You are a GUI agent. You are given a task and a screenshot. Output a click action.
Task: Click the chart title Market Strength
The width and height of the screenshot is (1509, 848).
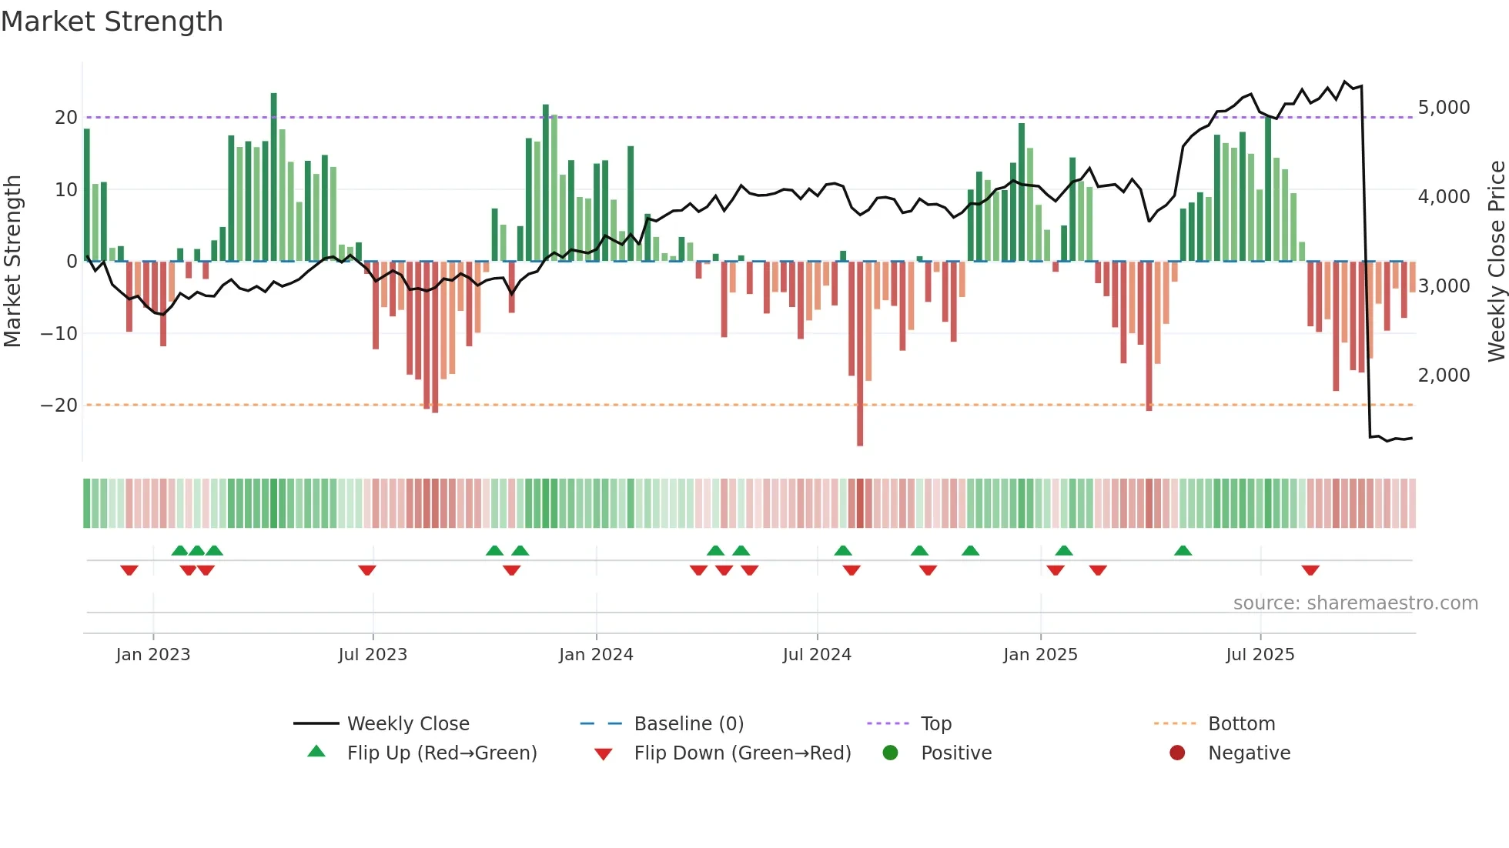[112, 22]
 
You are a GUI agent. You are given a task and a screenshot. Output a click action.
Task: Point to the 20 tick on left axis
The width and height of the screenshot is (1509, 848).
[66, 118]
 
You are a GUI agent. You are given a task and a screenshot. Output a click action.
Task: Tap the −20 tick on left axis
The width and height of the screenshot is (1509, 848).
[59, 406]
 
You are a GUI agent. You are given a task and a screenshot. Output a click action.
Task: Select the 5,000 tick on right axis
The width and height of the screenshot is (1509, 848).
[1444, 108]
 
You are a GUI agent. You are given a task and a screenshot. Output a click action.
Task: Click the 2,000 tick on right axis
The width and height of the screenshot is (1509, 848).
[1444, 376]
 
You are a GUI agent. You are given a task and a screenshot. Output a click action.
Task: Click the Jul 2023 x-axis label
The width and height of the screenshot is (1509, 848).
[373, 655]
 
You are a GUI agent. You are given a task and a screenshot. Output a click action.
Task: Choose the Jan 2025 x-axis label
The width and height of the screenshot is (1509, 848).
[1040, 655]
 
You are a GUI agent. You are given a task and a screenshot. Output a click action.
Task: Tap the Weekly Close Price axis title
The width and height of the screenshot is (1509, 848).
[1496, 262]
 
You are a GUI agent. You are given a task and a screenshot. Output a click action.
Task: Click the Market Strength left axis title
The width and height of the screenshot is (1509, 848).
[12, 262]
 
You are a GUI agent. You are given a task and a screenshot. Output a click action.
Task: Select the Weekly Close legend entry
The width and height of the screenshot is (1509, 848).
[407, 724]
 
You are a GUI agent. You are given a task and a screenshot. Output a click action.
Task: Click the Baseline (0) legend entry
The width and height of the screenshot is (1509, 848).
[688, 724]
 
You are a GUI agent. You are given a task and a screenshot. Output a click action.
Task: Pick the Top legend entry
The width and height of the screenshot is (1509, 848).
[935, 724]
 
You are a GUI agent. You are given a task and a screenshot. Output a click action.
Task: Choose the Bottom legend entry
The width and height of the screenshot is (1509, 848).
[1241, 724]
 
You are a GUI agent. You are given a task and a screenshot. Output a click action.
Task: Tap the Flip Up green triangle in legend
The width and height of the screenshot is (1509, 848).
[316, 752]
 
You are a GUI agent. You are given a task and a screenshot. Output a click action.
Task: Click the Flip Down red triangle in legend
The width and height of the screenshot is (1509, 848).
[604, 754]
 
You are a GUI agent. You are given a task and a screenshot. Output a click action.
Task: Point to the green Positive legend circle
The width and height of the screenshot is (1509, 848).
[890, 753]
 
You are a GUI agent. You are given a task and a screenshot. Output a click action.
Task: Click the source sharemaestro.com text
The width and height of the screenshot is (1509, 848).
[1355, 603]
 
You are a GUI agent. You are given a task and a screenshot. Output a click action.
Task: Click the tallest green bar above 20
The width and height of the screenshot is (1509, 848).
[274, 177]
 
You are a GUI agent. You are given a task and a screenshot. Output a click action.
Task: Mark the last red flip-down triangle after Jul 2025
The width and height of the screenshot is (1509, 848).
[1310, 570]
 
